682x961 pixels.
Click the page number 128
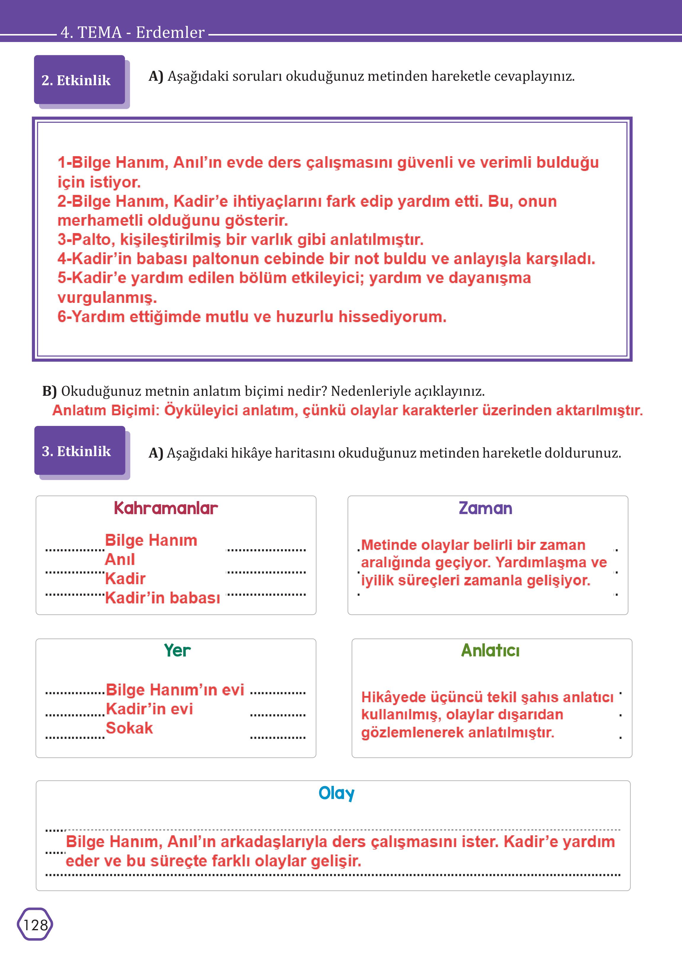35,925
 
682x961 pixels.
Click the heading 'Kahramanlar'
166,508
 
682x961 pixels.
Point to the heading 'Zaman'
485,508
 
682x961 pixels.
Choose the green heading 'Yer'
177,650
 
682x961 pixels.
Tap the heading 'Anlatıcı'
490,650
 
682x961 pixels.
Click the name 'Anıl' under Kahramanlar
120,559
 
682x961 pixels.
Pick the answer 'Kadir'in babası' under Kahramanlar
163,597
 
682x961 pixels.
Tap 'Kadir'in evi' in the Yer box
149,709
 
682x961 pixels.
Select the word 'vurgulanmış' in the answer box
107,298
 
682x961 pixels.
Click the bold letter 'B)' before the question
49,391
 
